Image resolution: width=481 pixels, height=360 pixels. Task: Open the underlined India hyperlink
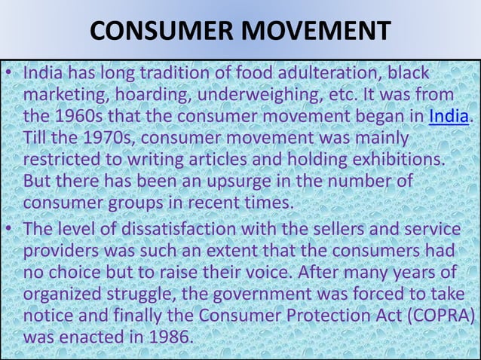click(x=449, y=117)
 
